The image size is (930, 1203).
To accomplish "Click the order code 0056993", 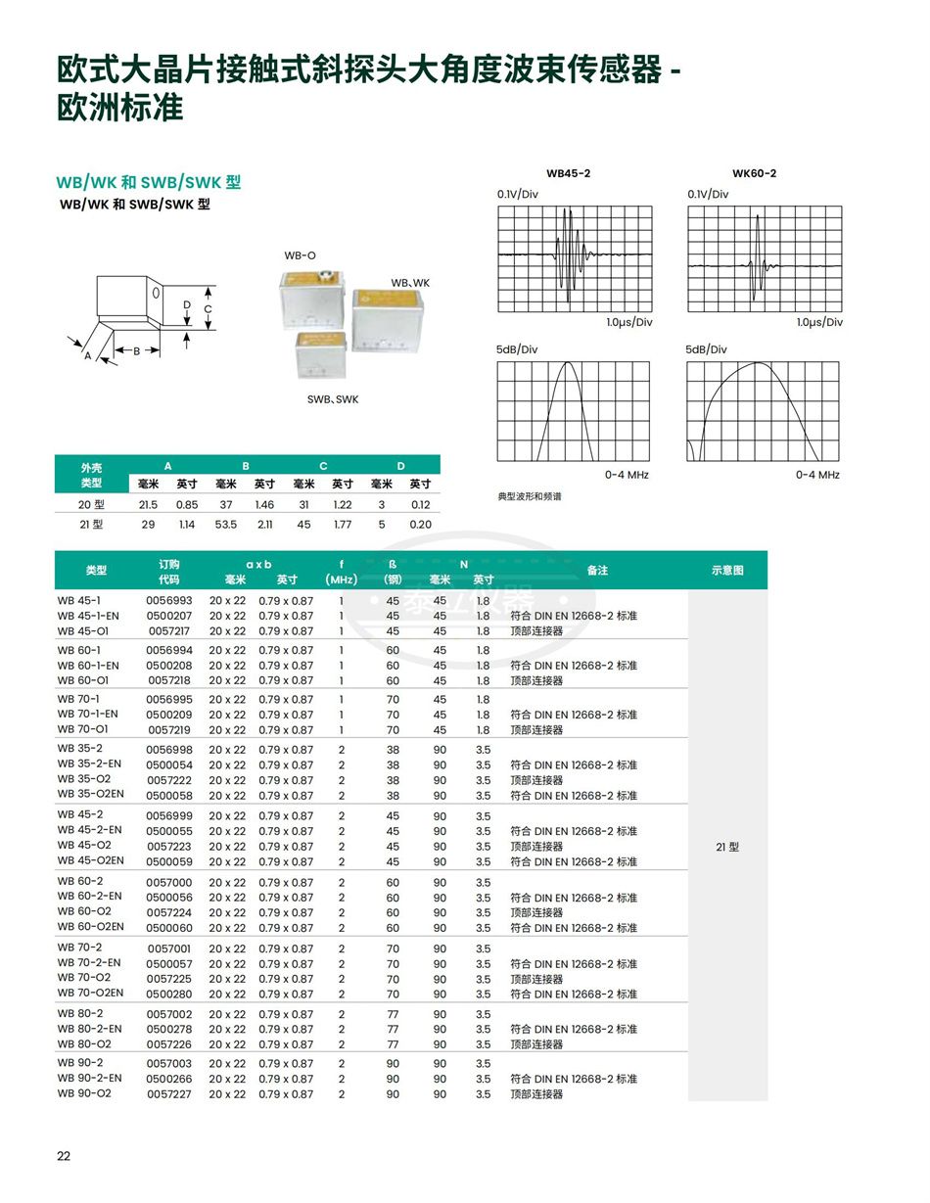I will (x=169, y=601).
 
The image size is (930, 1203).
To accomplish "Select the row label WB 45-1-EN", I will (x=88, y=616).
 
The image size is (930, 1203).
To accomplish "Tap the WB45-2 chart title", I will (x=568, y=173).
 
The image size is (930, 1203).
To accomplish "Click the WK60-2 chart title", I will (x=754, y=173).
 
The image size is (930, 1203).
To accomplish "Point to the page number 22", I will (x=64, y=1156).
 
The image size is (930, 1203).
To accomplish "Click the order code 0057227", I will (x=169, y=1093).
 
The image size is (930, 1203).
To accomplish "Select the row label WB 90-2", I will (x=79, y=1063).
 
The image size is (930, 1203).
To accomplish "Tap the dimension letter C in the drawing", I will (x=208, y=309).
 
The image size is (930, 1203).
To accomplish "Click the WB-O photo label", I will (x=301, y=255).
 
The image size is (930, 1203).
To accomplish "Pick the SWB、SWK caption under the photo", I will (x=333, y=399).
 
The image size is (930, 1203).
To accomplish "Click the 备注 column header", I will (x=597, y=570).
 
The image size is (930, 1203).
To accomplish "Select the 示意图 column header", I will (x=727, y=570).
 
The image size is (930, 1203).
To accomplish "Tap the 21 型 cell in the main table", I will (x=727, y=847).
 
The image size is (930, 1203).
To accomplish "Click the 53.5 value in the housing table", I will (x=226, y=524).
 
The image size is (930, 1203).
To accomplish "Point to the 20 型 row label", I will (x=91, y=505).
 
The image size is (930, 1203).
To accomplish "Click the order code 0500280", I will (x=169, y=994).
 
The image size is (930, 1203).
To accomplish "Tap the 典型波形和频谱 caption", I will (x=530, y=496).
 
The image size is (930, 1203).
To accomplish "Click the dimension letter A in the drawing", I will (x=87, y=356).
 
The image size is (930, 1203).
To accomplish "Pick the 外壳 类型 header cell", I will (x=91, y=475).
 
